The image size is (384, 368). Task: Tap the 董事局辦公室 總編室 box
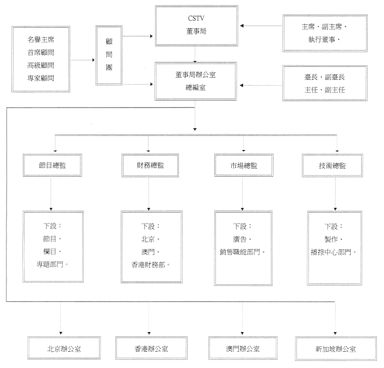click(196, 81)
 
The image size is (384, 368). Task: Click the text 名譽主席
click(41, 39)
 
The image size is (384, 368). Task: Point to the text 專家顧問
click(41, 78)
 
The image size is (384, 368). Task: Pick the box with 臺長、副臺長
click(325, 84)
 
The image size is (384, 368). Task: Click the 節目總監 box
click(51, 165)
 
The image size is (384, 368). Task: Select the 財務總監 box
click(148, 165)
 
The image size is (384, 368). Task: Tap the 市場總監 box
click(243, 165)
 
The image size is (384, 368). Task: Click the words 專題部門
click(52, 264)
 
